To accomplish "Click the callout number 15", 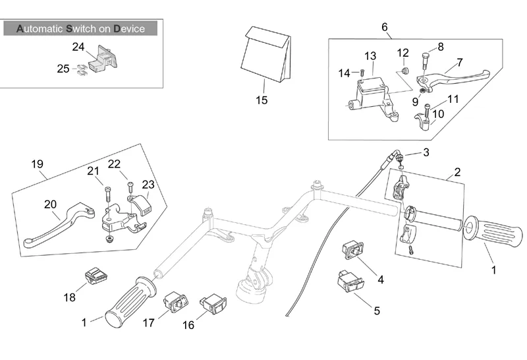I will [262, 100].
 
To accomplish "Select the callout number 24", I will [78, 47].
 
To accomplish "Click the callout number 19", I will [37, 163].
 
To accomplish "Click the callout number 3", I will [426, 152].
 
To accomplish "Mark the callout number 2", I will [457, 172].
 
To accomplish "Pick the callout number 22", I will [115, 164].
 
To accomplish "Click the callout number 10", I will [438, 113].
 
